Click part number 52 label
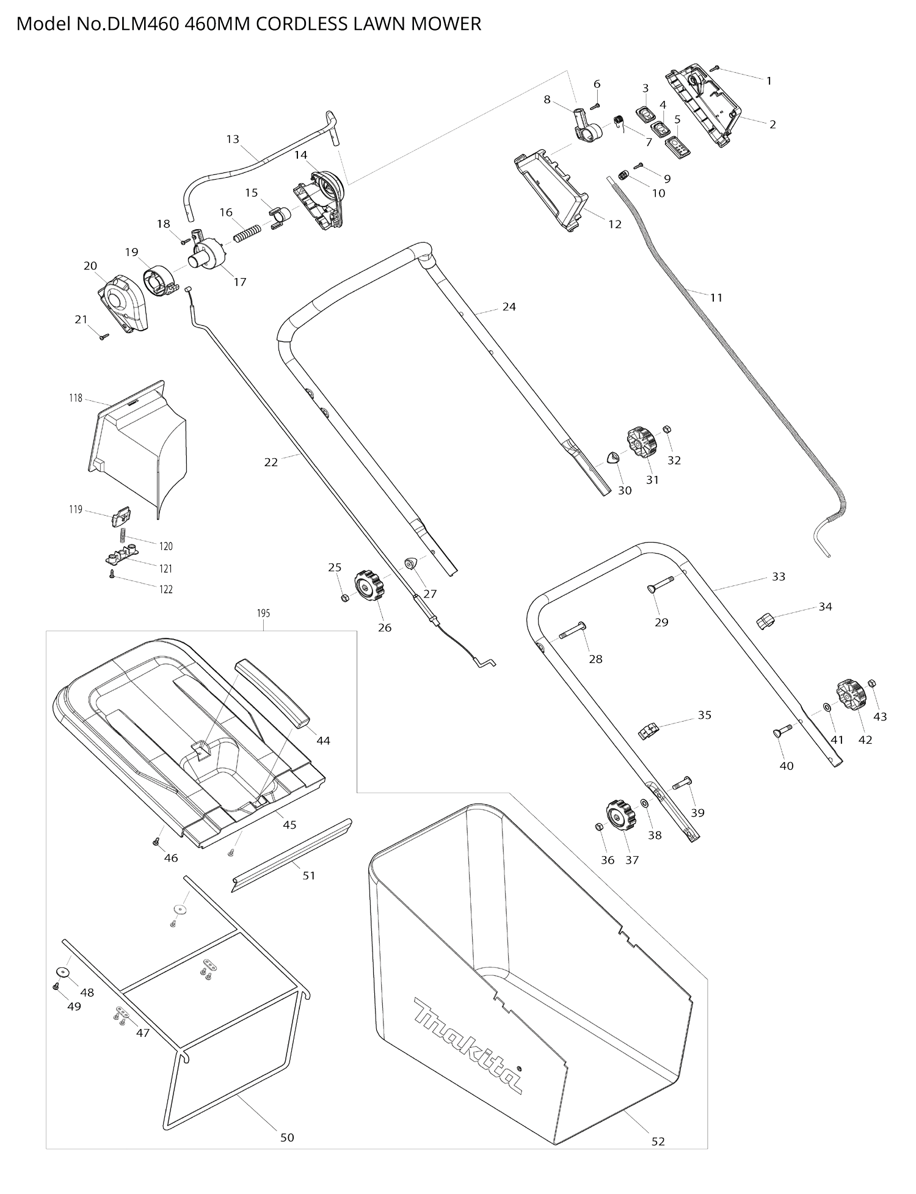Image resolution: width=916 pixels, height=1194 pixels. point(658,1141)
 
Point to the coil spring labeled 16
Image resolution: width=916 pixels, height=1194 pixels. point(248,233)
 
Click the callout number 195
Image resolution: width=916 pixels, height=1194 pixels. point(263,613)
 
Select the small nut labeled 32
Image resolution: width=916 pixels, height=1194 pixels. point(667,430)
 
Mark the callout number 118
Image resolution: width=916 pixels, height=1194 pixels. point(76,398)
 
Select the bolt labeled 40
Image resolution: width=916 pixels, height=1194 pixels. point(782,731)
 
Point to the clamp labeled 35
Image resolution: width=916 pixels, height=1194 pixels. point(649,731)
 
